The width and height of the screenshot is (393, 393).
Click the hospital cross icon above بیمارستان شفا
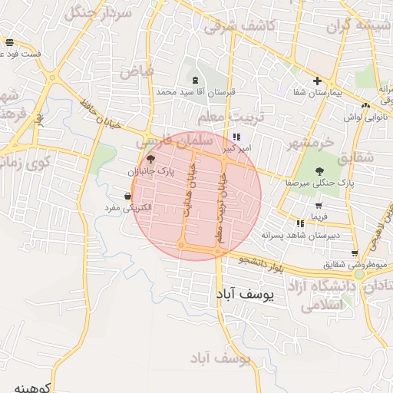click(315, 81)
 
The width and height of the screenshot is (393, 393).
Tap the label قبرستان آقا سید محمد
click(195, 91)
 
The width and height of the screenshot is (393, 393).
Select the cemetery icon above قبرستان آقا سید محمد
click(195, 80)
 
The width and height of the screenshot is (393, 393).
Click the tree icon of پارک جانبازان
click(150, 160)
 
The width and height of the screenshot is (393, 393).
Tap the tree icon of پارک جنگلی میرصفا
click(319, 171)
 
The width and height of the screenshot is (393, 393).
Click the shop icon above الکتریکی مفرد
click(127, 196)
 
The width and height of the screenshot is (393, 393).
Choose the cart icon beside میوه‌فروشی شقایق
click(354, 253)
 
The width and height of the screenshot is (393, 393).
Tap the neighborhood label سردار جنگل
click(98, 13)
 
